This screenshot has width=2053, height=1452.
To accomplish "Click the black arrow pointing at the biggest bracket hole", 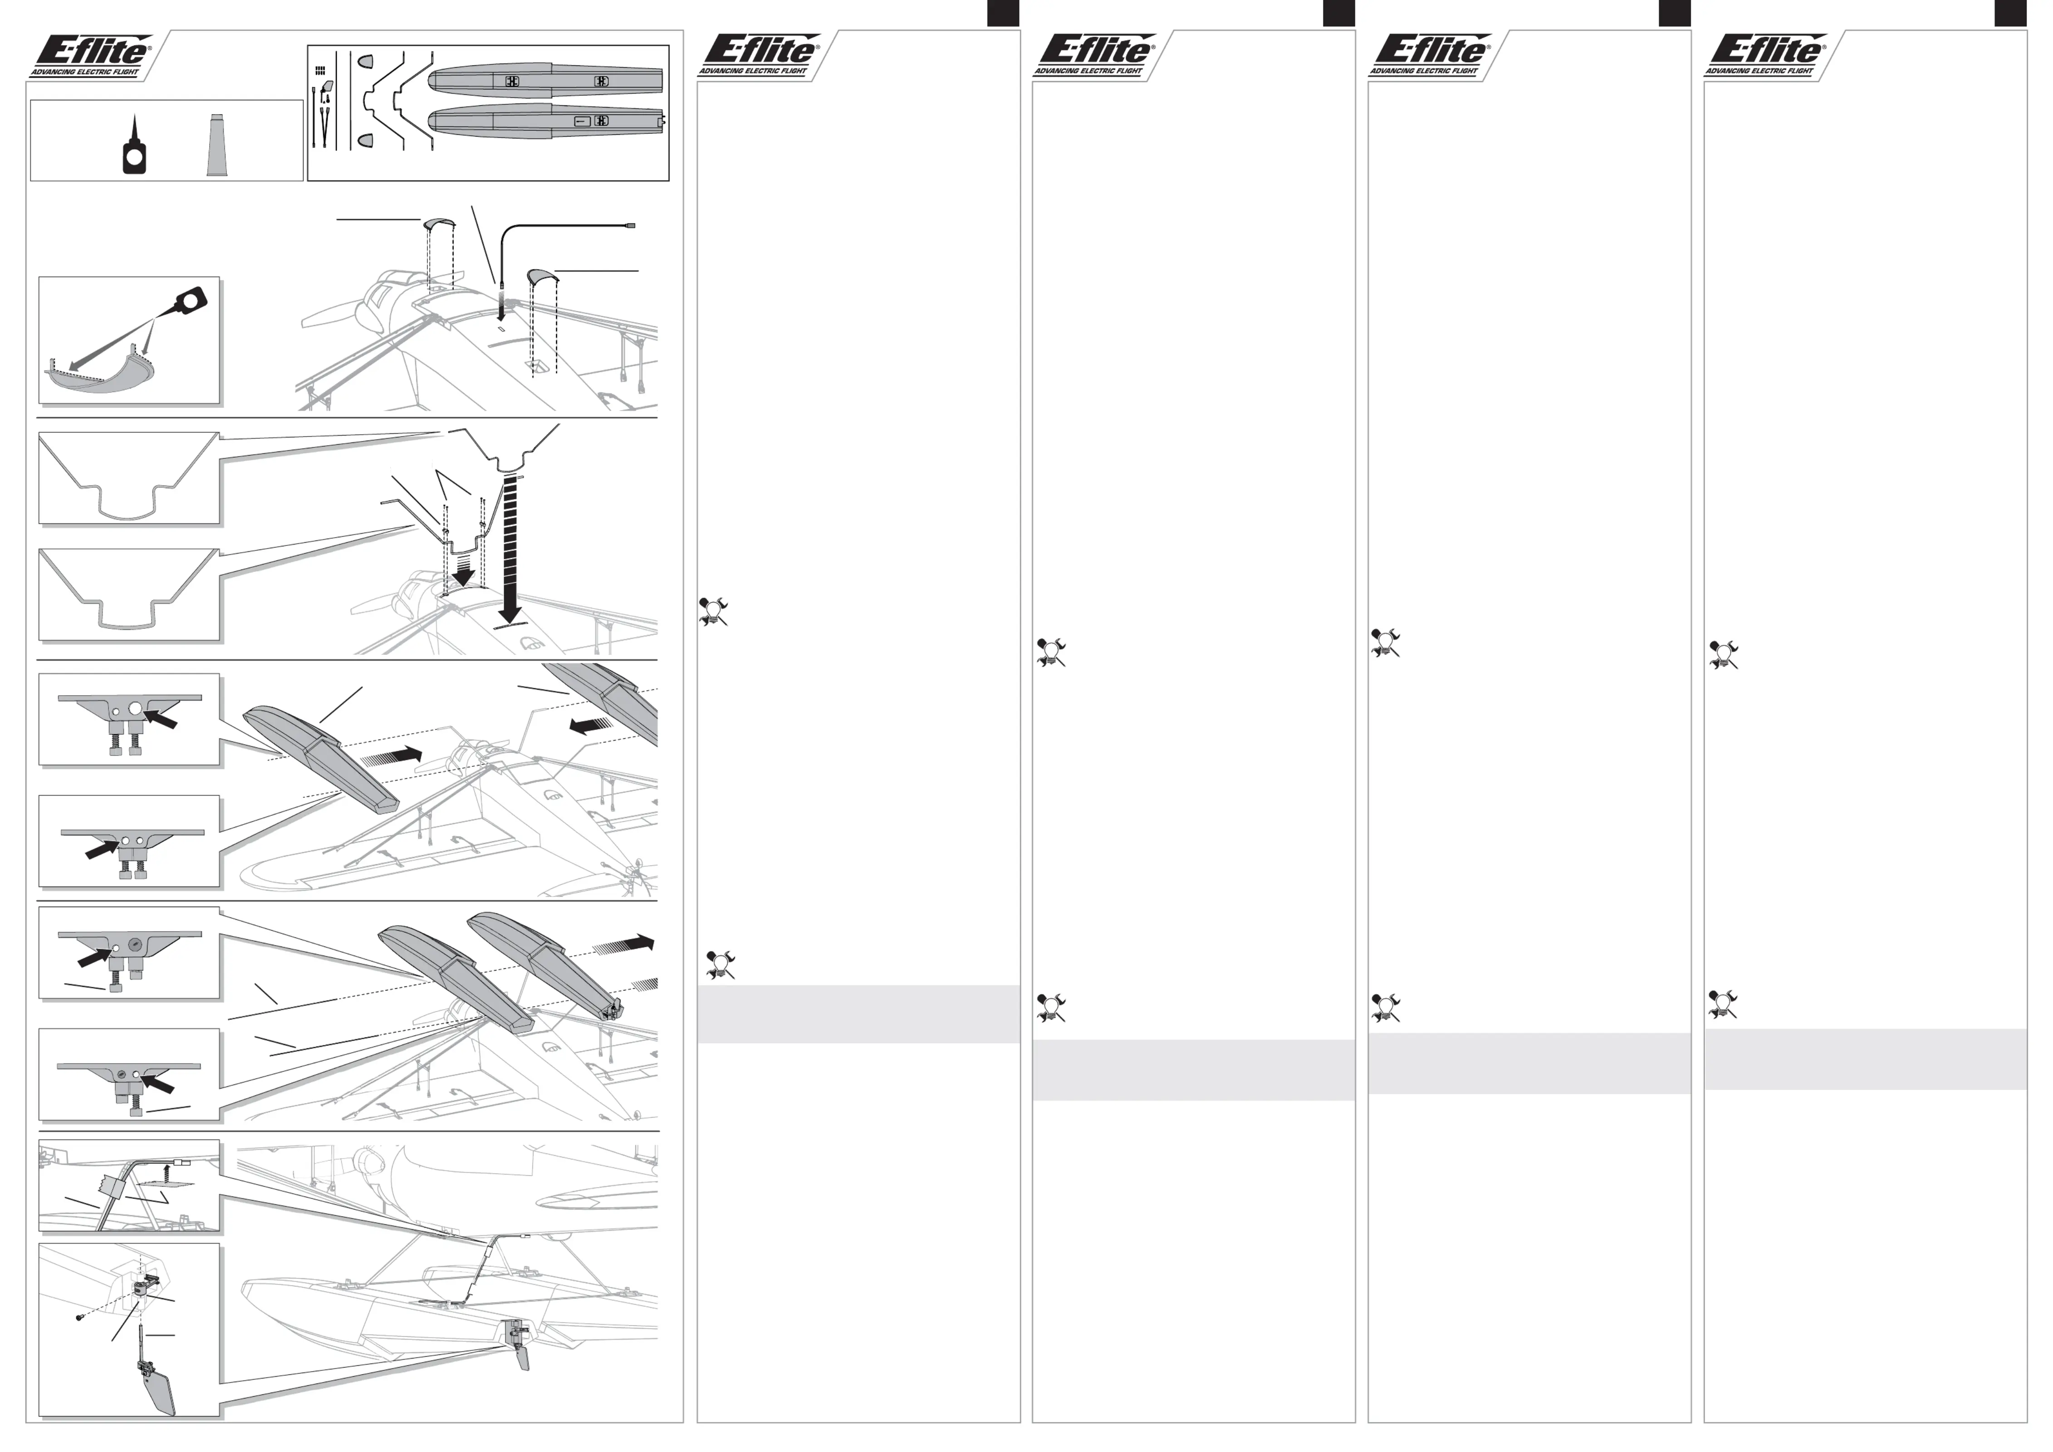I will click(161, 717).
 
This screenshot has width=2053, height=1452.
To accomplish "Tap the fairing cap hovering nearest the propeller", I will click(439, 224).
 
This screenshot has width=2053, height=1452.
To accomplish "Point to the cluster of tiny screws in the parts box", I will click(320, 70).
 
